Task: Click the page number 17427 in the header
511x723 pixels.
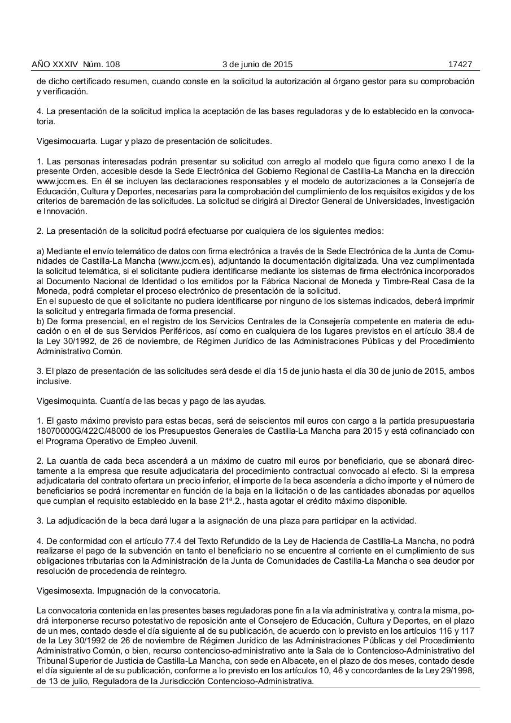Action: click(x=460, y=64)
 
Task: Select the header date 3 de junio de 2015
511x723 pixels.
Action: click(x=257, y=64)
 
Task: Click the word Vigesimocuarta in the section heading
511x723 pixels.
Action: click(x=63, y=141)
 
